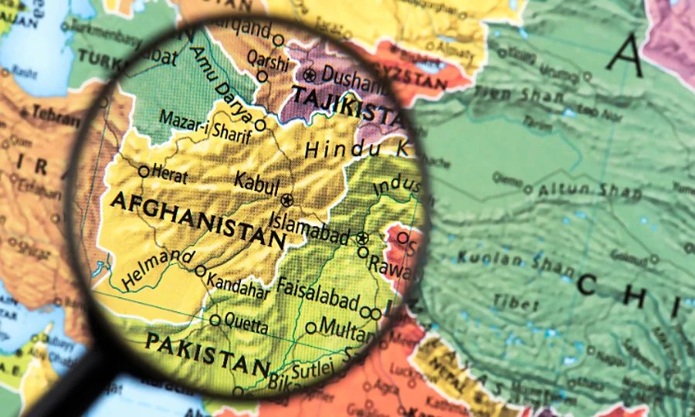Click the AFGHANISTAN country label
tap(198, 219)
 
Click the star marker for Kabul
tap(287, 200)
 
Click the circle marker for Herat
tap(144, 171)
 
